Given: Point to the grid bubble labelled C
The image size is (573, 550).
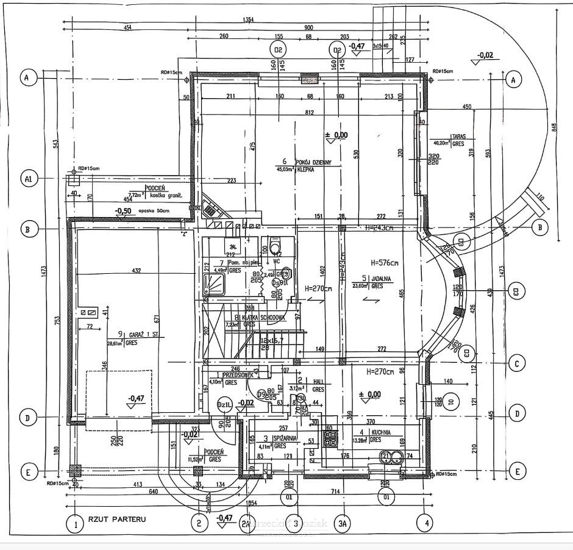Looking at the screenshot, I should [x=516, y=365].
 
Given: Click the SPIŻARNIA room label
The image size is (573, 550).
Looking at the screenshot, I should [x=285, y=437].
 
